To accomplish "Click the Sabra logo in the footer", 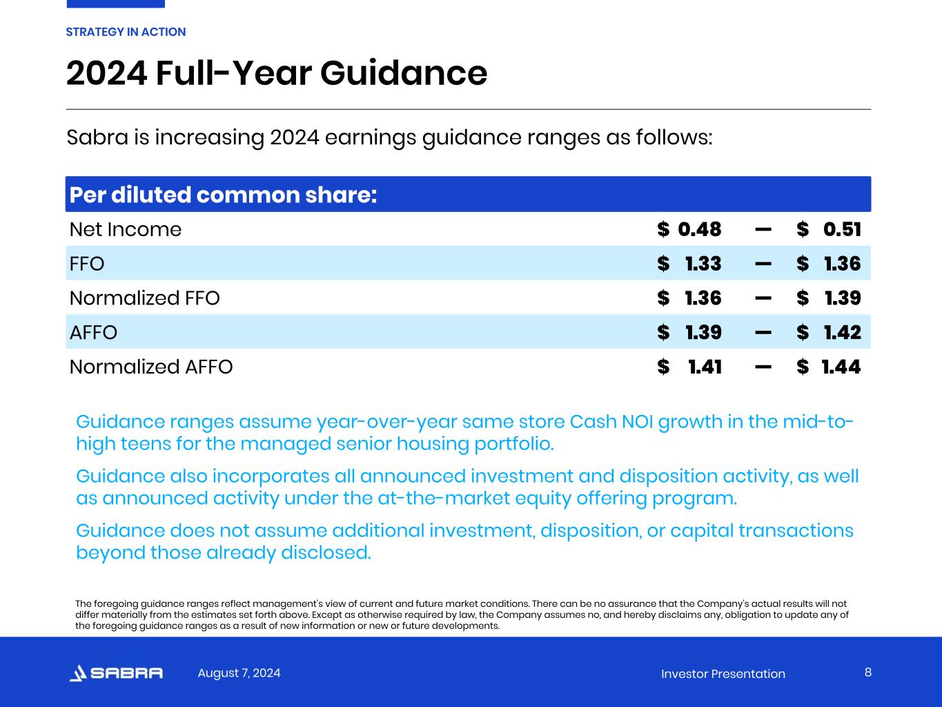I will (116, 673).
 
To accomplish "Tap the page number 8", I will (867, 672).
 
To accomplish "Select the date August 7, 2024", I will (239, 672).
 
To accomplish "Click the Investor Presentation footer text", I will (723, 674).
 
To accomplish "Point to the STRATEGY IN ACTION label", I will (126, 32).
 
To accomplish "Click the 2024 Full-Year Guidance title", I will (276, 73).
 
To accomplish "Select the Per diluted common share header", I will (223, 195).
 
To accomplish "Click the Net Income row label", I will (125, 229).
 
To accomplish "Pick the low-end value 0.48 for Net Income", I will (699, 229).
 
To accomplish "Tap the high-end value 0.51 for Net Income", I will (842, 229).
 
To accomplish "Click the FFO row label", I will (87, 264).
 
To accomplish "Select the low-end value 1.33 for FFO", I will (703, 264).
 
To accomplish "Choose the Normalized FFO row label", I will (144, 298).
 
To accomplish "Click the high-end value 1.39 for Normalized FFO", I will (843, 298).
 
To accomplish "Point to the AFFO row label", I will (93, 333).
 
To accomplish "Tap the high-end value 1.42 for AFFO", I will (842, 333).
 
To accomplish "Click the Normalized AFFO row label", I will (151, 367).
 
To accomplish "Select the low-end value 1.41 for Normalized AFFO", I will (705, 367).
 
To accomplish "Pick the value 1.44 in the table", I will (841, 367).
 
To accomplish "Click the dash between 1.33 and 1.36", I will (763, 264).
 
